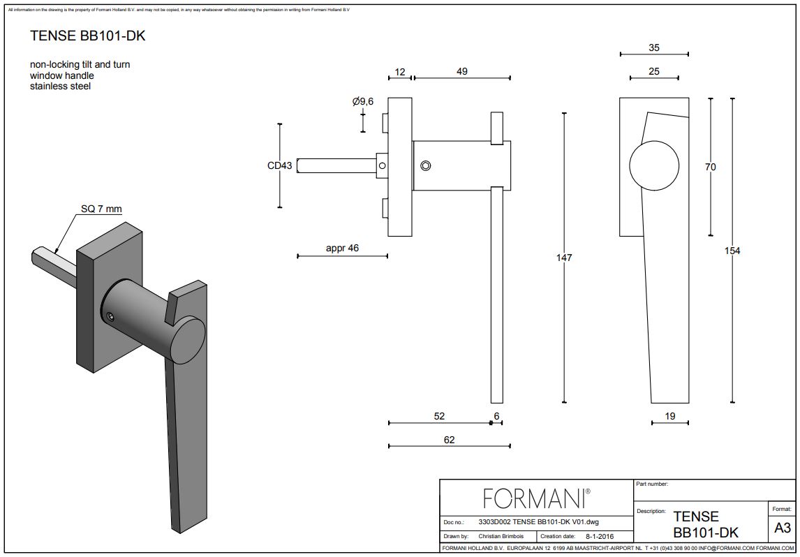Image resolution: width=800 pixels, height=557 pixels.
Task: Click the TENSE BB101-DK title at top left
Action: click(x=88, y=36)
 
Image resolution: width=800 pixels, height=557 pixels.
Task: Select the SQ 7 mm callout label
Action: click(x=101, y=209)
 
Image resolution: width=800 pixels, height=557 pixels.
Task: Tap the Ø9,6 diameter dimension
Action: click(x=363, y=102)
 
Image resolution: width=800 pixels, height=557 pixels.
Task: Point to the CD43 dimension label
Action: click(x=280, y=165)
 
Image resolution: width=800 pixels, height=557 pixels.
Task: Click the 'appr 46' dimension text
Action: click(x=342, y=248)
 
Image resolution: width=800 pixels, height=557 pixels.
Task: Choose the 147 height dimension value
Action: click(x=564, y=258)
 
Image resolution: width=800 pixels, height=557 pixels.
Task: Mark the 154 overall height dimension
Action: click(x=732, y=251)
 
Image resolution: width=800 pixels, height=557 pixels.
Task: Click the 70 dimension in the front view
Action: click(x=711, y=167)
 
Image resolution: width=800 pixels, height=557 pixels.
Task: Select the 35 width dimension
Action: click(x=653, y=48)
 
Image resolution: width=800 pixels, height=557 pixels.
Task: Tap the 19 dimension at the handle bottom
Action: click(x=669, y=416)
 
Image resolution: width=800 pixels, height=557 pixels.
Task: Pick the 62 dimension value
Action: click(x=449, y=440)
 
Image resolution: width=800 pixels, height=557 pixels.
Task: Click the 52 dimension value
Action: click(x=439, y=416)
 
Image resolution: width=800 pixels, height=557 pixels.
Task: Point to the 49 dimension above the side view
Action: click(x=461, y=71)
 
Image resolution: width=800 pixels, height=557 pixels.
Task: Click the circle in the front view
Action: click(x=654, y=166)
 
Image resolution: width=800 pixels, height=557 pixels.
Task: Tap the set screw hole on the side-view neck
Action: click(x=426, y=165)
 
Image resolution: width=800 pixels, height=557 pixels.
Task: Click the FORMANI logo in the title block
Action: click(x=536, y=498)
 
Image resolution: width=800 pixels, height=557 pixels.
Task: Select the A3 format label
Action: click(x=782, y=528)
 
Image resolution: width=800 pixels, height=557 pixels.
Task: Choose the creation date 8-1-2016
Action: click(x=600, y=537)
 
